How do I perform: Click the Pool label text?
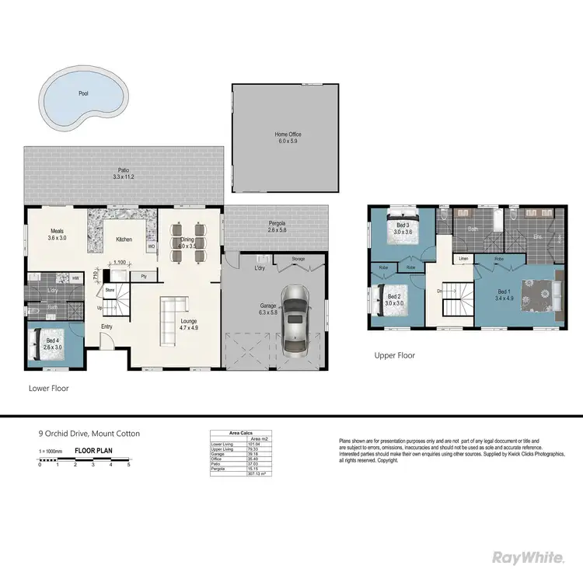[x=83, y=93]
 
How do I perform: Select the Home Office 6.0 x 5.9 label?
[x=288, y=138]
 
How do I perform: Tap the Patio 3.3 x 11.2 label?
[x=124, y=173]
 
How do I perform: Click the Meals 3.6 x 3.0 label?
[x=58, y=234]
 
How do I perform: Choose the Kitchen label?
[x=124, y=239]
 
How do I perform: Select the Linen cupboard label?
[x=463, y=259]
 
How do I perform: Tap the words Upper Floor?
[x=395, y=355]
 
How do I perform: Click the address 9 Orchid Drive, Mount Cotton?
[x=89, y=434]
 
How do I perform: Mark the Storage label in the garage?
[x=298, y=259]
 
